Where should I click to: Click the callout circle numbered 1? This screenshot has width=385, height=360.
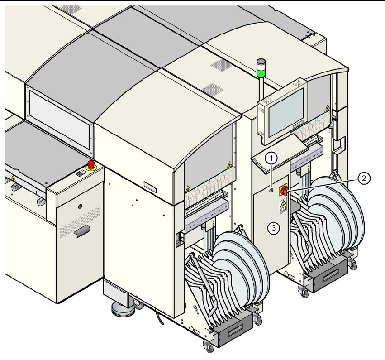click(271, 158)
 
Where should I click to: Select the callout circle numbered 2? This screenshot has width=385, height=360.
click(363, 178)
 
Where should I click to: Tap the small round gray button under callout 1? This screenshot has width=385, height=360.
click(271, 191)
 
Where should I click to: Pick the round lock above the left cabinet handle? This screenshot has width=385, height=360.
click(81, 207)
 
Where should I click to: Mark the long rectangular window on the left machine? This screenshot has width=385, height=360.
click(59, 117)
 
